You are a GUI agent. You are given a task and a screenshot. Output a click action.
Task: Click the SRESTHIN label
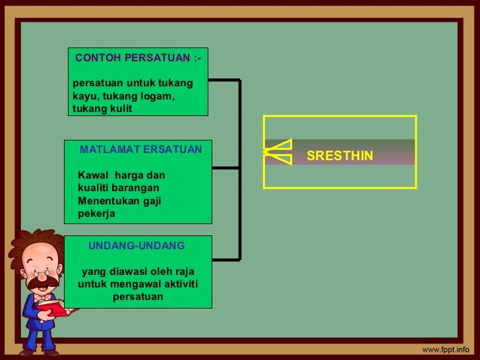click(x=340, y=156)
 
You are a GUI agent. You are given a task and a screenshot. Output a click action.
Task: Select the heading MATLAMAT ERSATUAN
click(x=141, y=150)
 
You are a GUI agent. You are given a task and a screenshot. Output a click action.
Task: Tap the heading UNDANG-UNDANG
click(x=136, y=245)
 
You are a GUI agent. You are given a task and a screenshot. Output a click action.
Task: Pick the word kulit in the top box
click(x=119, y=109)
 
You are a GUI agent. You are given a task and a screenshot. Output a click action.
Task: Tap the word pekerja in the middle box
click(x=96, y=214)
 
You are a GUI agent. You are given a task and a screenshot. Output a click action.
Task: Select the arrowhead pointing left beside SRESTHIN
click(x=277, y=152)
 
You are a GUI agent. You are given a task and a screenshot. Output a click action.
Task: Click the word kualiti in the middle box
click(x=94, y=188)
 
